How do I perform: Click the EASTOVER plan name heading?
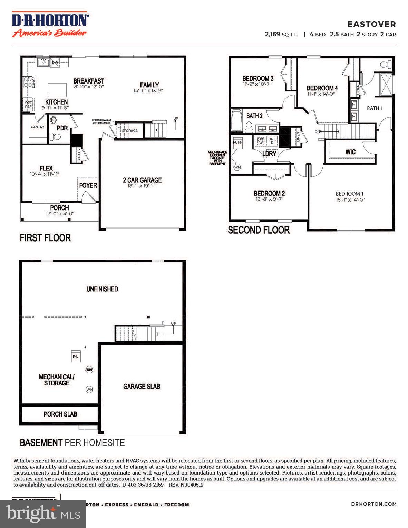click(371, 24)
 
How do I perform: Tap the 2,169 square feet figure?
click(272, 34)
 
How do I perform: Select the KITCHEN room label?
click(56, 102)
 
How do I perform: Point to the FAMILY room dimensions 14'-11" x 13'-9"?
click(148, 91)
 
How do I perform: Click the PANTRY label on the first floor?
click(38, 127)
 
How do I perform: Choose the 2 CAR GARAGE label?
click(142, 180)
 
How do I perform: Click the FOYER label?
click(88, 185)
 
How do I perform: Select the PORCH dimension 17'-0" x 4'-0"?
click(59, 214)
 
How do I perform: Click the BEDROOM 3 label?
click(258, 78)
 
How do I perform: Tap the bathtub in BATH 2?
click(237, 121)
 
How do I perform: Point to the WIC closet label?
click(350, 152)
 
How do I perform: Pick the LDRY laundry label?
click(269, 154)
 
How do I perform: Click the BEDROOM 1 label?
click(349, 194)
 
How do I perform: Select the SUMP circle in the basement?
click(89, 370)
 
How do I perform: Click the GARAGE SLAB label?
click(142, 387)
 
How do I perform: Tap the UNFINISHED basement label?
click(102, 289)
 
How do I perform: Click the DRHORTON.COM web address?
click(373, 504)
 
